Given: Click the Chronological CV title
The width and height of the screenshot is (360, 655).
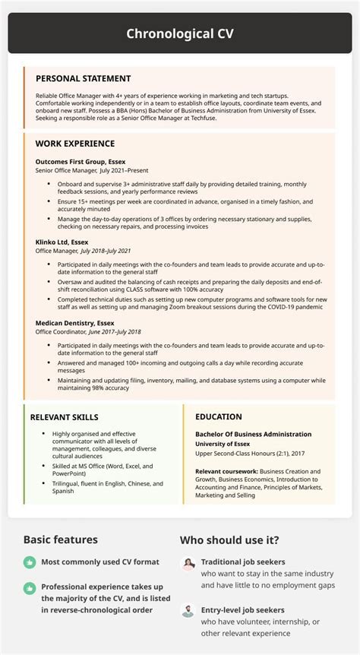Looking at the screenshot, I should (x=180, y=33).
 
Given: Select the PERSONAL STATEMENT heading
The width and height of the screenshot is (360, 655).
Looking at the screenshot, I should (x=84, y=78).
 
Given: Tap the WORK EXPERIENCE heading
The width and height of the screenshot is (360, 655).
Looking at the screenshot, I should (x=75, y=143).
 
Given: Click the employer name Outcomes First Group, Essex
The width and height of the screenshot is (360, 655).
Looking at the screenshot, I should (x=81, y=162).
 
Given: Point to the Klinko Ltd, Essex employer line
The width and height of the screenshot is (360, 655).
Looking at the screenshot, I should (x=62, y=242).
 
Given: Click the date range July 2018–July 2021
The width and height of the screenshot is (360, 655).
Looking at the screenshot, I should (x=106, y=251).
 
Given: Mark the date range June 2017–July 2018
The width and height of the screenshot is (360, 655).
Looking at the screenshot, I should (x=116, y=331).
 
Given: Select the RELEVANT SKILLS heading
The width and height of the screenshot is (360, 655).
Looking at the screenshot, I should (x=64, y=417).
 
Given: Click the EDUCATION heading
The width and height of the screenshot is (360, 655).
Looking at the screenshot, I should (x=219, y=417).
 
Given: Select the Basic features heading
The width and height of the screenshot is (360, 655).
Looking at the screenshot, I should (x=60, y=540).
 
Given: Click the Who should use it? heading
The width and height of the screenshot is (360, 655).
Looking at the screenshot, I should (x=229, y=540).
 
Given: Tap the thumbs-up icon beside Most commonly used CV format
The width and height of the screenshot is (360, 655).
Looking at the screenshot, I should (x=30, y=562).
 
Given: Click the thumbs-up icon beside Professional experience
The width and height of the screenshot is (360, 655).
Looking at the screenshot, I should (x=30, y=587).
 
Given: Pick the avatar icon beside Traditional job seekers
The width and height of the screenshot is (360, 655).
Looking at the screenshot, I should (x=187, y=563).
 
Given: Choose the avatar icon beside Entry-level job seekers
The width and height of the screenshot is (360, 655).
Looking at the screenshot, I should (x=187, y=610).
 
